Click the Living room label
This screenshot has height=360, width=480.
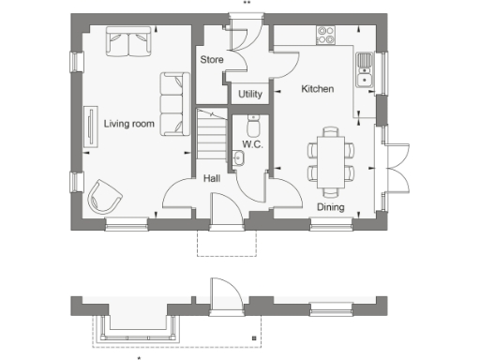point(128,123)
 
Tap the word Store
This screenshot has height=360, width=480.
point(210,60)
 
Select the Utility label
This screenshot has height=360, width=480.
point(250,94)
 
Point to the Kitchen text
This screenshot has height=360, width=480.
point(317,89)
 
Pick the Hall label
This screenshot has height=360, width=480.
point(212,177)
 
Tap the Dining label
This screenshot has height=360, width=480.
point(329,207)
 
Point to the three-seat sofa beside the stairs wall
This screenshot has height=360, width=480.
point(172,104)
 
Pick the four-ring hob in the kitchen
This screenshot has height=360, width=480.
point(326,36)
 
